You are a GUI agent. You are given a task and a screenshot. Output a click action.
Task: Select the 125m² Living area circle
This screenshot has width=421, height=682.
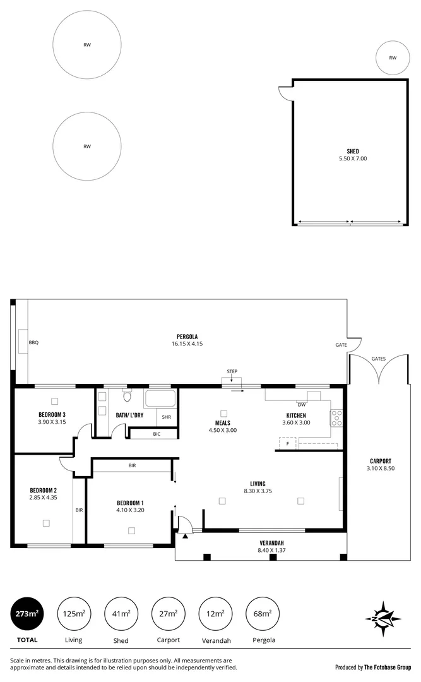pyautogui.click(x=74, y=613)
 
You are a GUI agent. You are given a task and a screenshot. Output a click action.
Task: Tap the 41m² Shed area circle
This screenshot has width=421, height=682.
pyautogui.click(x=121, y=613)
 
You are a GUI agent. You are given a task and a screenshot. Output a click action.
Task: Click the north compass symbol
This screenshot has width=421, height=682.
pyautogui.click(x=383, y=615)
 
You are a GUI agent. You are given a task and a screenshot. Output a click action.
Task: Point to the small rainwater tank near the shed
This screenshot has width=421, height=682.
pyautogui.click(x=392, y=57)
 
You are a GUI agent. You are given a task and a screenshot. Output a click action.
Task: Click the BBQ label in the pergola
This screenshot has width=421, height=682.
pyautogui.click(x=33, y=342)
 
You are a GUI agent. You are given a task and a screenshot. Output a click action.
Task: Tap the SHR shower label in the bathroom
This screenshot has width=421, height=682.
pyautogui.click(x=167, y=417)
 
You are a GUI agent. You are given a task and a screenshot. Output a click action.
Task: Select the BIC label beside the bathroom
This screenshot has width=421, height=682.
pyautogui.click(x=156, y=434)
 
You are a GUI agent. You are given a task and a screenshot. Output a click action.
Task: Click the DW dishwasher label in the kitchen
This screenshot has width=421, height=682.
pyautogui.click(x=302, y=404)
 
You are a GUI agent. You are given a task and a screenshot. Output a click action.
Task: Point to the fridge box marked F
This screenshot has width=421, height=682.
pyautogui.click(x=288, y=444)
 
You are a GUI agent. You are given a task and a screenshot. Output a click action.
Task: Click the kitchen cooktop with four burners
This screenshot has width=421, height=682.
pyautogui.click(x=337, y=418)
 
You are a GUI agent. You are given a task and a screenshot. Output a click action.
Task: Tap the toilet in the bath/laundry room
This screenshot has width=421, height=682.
pyautogui.click(x=126, y=396)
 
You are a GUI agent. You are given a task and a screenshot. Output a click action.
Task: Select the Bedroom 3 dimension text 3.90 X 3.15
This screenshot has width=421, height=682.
pyautogui.click(x=52, y=421)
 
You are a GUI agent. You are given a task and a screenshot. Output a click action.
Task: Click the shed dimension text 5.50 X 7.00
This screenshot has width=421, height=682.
pyautogui.click(x=352, y=159)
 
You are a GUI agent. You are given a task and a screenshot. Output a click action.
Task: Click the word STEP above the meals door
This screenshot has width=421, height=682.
pyautogui.click(x=232, y=371)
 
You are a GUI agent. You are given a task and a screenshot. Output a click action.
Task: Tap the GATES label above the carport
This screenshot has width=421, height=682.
pyautogui.click(x=378, y=358)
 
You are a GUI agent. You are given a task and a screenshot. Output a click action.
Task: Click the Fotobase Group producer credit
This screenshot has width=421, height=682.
pyautogui.click(x=373, y=666)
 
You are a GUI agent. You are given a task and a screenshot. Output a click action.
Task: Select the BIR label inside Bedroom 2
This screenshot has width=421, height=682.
pyautogui.click(x=79, y=510)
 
